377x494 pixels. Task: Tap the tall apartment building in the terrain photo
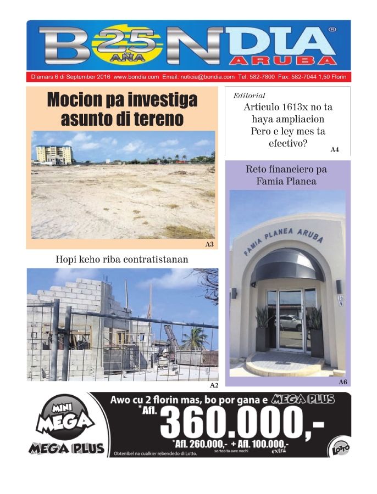tap(53, 154)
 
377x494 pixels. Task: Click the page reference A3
tap(209, 244)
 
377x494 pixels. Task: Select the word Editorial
tap(249, 96)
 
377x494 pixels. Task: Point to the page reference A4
tap(335, 149)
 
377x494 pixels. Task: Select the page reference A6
tap(342, 381)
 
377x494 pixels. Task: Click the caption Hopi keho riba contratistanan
tap(122, 259)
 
